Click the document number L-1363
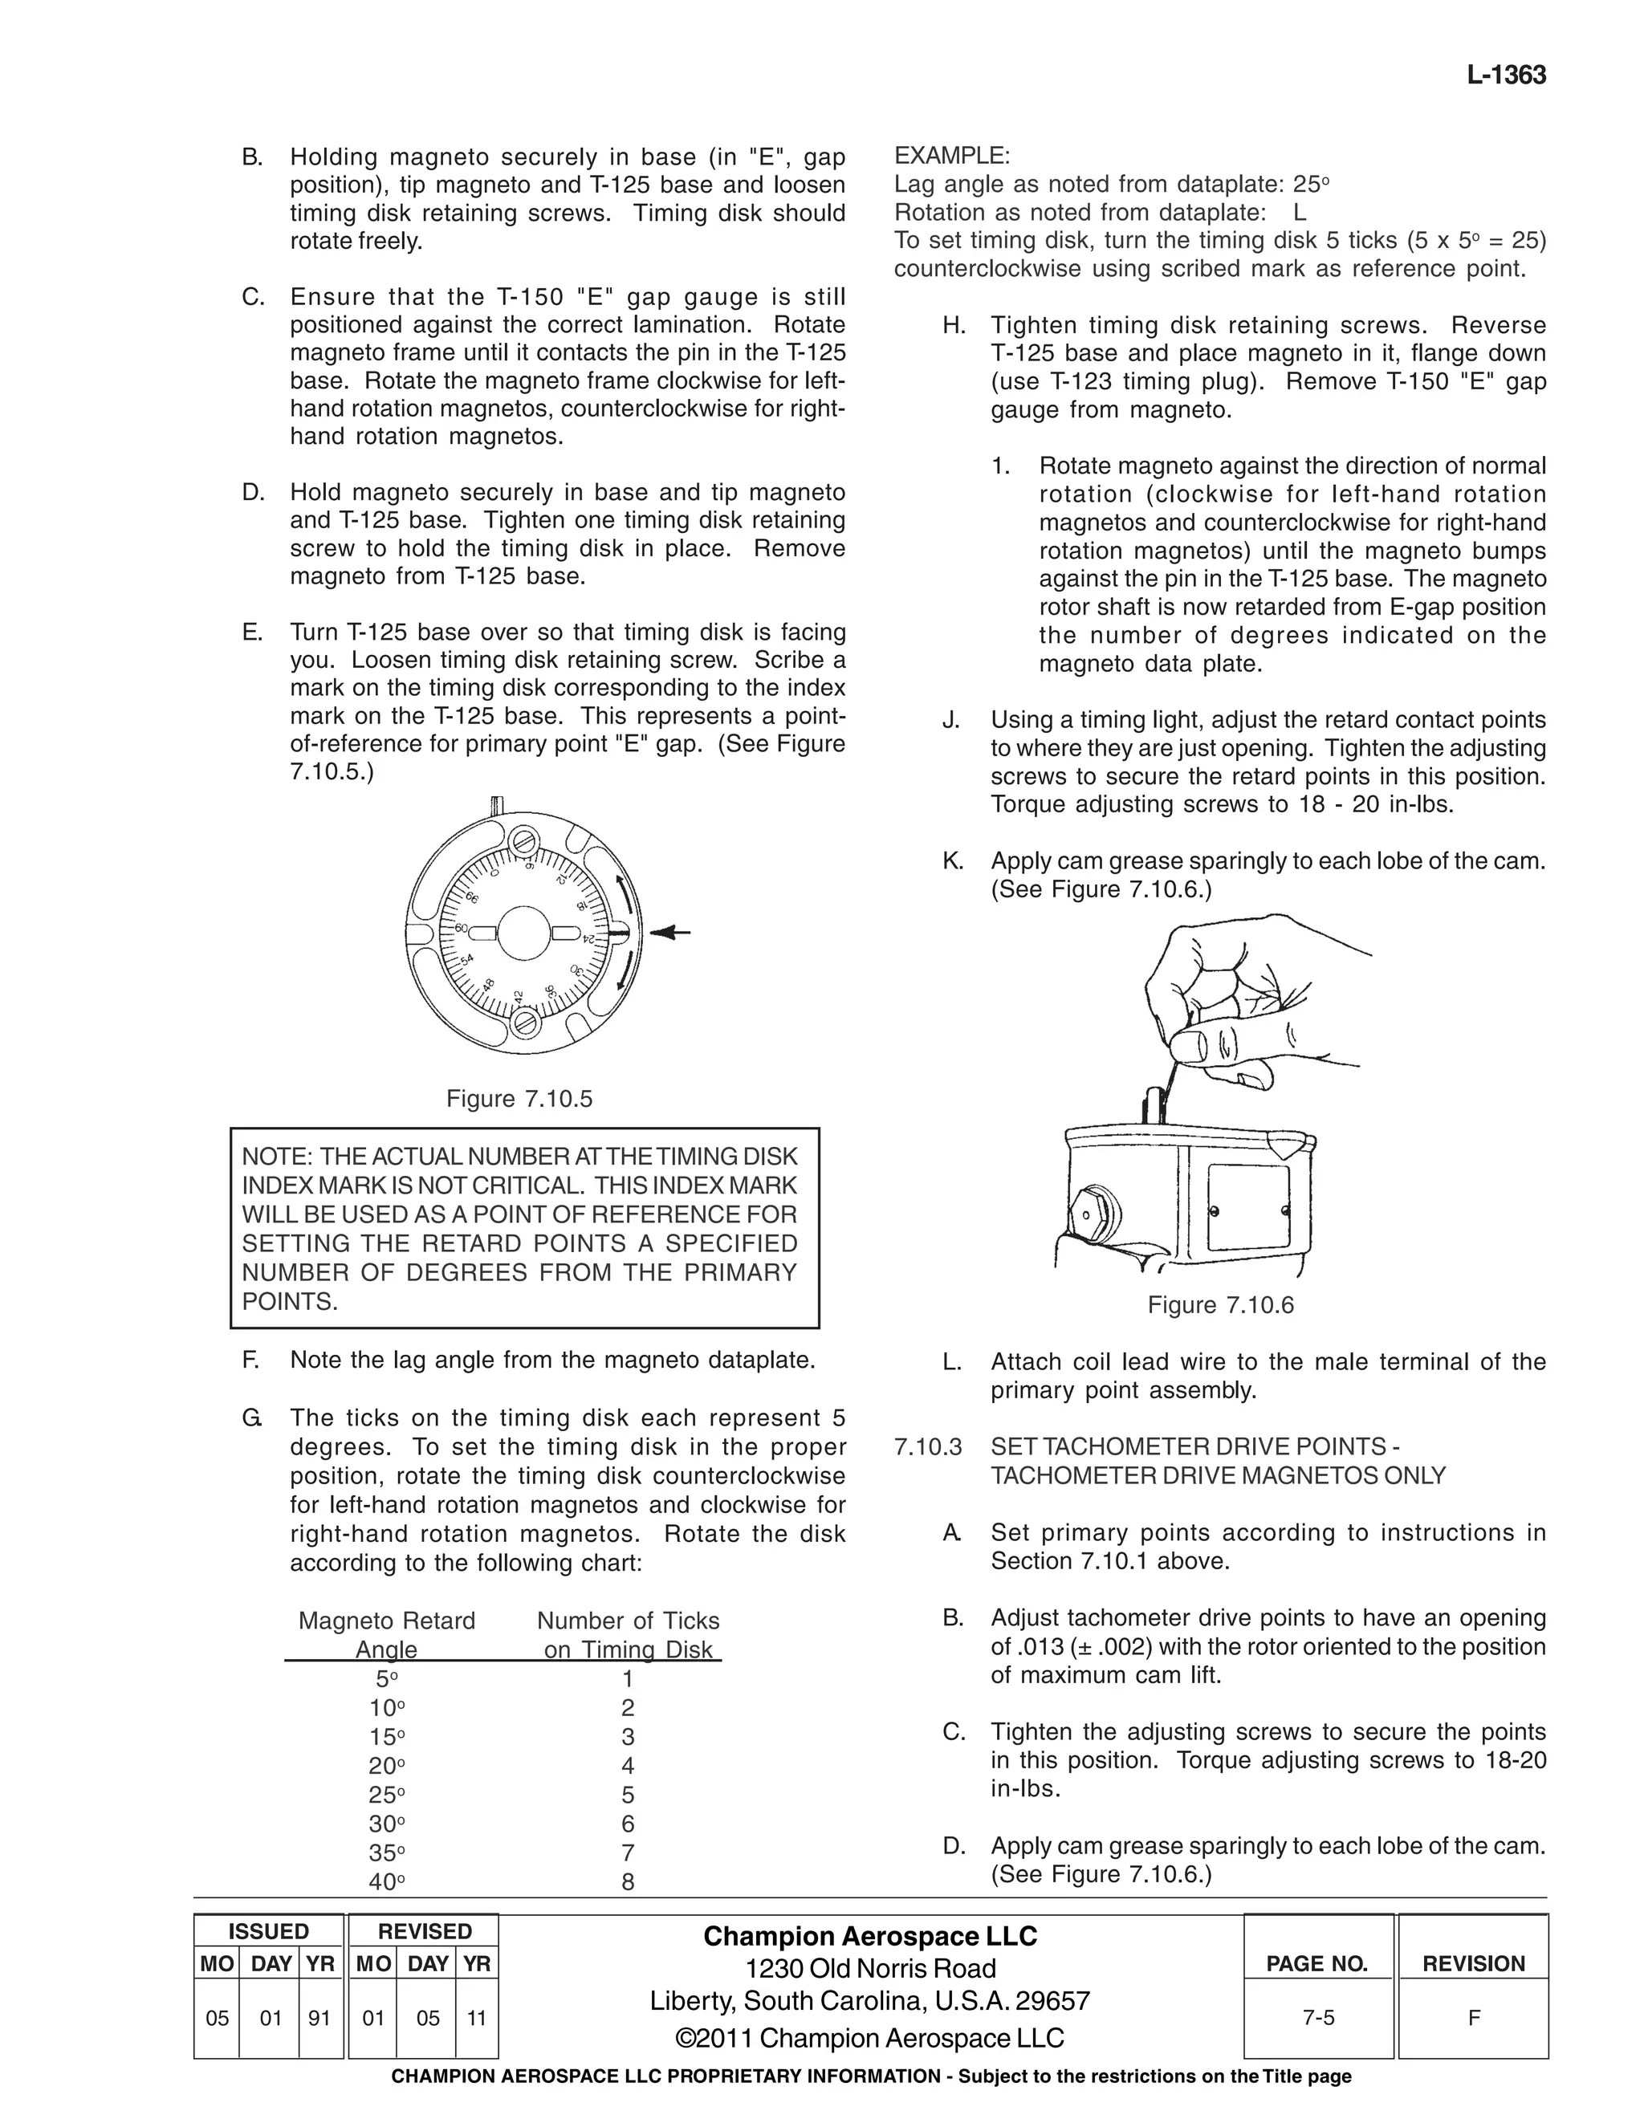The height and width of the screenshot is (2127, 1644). point(1506,76)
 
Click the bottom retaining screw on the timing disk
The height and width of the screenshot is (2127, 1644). point(526,1023)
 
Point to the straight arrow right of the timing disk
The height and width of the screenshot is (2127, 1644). point(671,933)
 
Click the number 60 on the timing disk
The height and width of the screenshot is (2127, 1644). point(462,928)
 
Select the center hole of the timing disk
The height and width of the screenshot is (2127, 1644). point(524,933)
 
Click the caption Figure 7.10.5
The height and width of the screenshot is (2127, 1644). point(519,1099)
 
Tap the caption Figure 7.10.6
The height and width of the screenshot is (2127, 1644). point(1220,1305)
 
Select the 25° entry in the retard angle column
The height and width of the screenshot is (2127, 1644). point(387,1794)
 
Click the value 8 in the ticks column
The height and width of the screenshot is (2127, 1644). point(627,1881)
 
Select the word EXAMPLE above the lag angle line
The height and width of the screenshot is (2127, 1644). point(951,156)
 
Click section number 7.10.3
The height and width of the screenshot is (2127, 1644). point(927,1447)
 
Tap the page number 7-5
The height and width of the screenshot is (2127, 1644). point(1318,2018)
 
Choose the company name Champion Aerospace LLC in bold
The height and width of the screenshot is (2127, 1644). point(869,1936)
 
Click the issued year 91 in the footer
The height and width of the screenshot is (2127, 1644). point(319,2018)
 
